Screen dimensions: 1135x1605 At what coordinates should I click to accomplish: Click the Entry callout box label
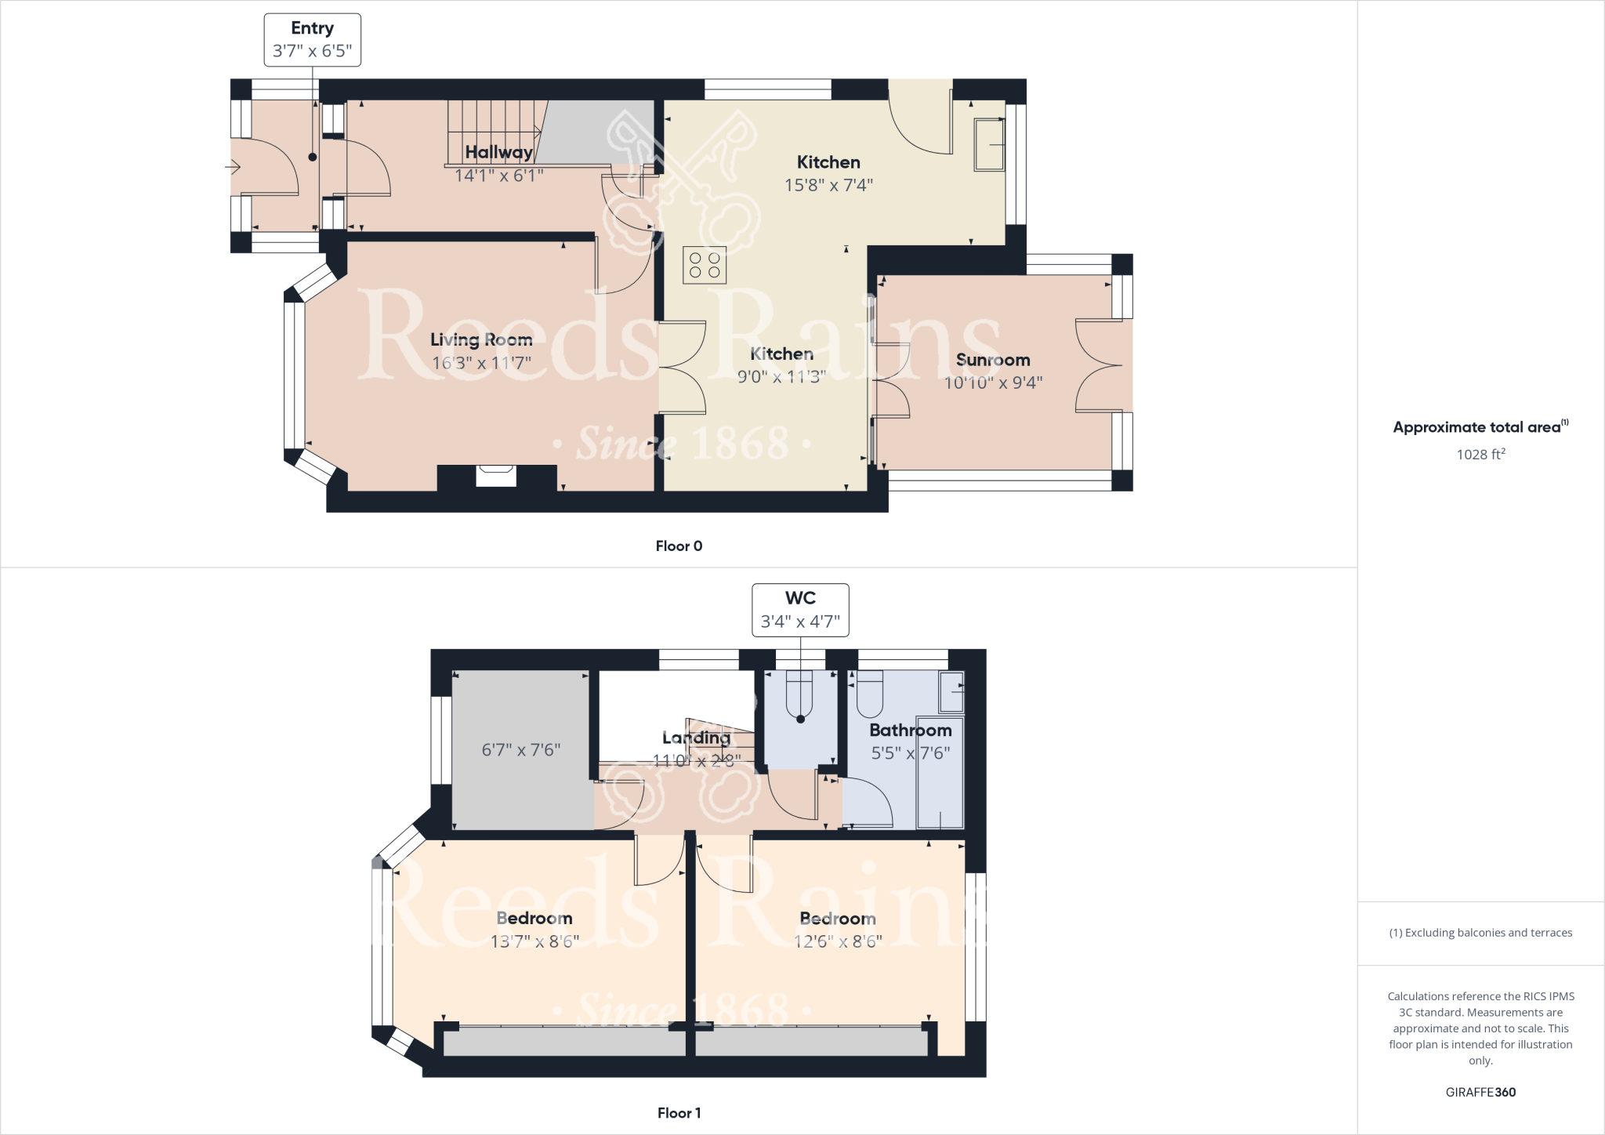coord(312,39)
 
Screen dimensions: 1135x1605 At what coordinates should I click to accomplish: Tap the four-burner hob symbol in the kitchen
coord(704,264)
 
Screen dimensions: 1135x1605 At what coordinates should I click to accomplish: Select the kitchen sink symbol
coord(989,144)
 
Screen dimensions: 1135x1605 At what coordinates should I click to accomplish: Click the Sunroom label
coord(993,360)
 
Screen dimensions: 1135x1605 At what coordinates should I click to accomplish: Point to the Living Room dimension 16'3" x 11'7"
coord(481,363)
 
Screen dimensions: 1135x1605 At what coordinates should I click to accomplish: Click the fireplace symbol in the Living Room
coord(497,475)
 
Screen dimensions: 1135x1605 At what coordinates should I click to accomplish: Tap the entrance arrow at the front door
coord(233,167)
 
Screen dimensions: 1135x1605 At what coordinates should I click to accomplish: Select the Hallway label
coord(498,152)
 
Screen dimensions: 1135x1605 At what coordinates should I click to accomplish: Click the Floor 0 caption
coord(679,546)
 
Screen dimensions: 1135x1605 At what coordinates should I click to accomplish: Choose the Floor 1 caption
coord(679,1113)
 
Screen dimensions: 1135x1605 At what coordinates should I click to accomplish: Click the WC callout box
coord(800,609)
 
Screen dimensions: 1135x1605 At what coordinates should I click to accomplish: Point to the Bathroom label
coord(910,730)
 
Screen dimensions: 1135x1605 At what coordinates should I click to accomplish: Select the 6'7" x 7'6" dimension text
coord(520,750)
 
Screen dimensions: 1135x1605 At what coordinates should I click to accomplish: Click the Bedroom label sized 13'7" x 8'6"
coord(534,918)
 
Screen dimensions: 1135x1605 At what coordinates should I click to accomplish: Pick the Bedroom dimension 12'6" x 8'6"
coord(838,941)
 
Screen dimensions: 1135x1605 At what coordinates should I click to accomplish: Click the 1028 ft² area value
coord(1480,455)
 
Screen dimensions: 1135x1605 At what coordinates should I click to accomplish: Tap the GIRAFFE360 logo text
coord(1480,1092)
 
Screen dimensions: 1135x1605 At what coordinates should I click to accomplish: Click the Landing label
coord(696,738)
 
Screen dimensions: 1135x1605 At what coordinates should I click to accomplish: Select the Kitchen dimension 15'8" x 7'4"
coord(828,186)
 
